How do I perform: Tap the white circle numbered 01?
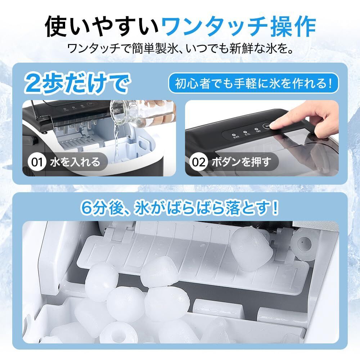coord(37,162)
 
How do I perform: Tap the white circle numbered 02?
coord(199,162)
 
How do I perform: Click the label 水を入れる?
coord(75,162)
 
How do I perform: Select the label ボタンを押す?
coord(241,162)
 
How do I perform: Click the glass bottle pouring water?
coord(140,112)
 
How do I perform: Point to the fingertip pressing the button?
coord(273,125)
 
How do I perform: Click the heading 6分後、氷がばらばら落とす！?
coord(180,208)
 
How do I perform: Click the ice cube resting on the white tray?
coord(251,247)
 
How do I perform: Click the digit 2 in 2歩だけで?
coord(33,84)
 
